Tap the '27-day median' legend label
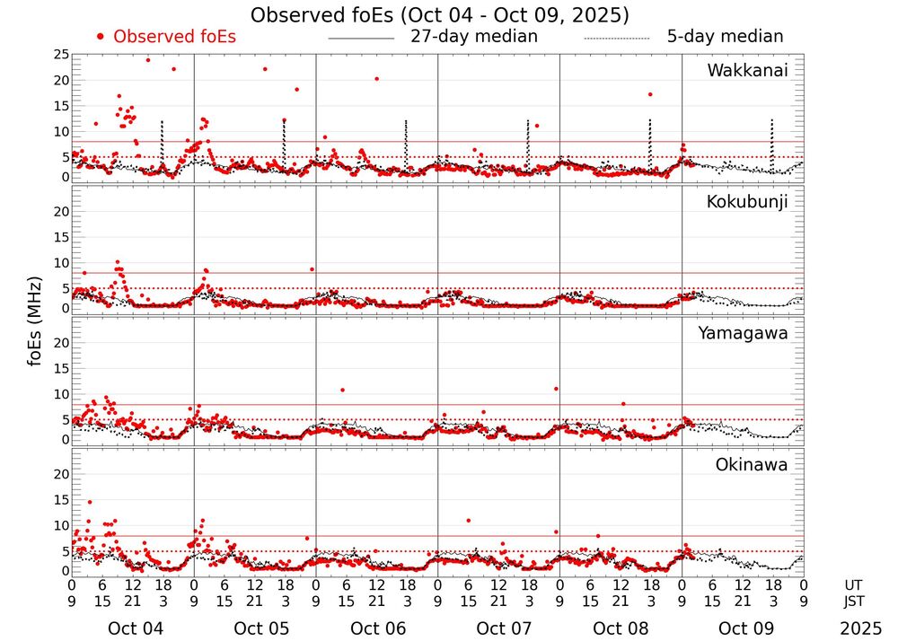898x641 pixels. coord(473,37)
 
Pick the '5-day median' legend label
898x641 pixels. coord(725,37)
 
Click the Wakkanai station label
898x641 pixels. coord(747,71)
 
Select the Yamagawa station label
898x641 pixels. coord(744,333)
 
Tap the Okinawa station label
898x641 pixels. coord(752,465)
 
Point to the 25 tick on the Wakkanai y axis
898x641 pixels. coord(61,55)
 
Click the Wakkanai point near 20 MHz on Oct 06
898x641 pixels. coord(376,79)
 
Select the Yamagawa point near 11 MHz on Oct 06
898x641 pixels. coord(342,390)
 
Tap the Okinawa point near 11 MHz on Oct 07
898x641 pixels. coord(468,521)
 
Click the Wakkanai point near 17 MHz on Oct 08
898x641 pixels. coord(649,94)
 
